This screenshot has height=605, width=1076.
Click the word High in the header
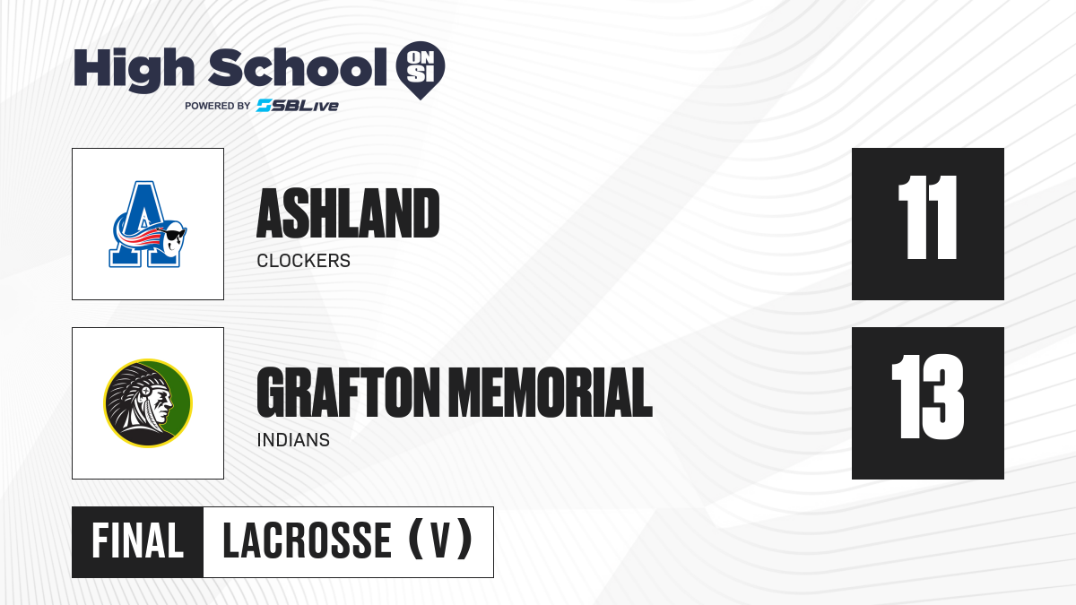134,69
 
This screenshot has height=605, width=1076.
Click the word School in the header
298,67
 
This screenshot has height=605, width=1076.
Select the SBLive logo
298,105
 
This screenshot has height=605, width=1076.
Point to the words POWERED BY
218,106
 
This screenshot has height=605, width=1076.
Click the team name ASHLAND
348,213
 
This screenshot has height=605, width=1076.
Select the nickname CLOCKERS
303,261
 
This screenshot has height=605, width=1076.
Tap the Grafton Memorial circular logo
148,402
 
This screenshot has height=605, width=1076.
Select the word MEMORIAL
553,393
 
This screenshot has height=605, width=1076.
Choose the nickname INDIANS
293,440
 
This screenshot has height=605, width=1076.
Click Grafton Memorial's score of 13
927,396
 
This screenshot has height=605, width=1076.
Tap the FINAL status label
137,541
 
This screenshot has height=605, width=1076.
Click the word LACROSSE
307,541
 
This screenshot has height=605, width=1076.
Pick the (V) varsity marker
440,540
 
